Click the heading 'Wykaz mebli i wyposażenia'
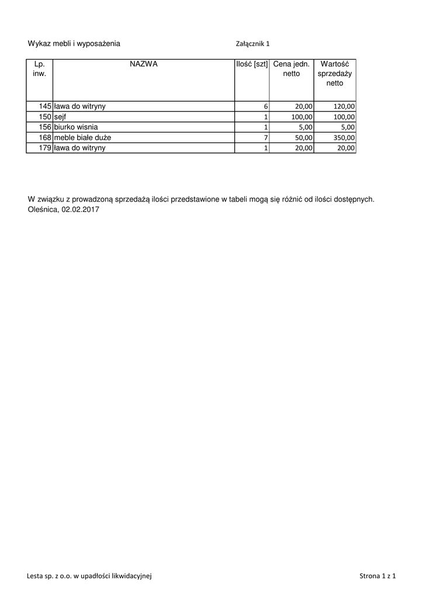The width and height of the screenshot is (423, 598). [74, 43]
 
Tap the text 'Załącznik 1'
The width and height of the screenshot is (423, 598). [252, 43]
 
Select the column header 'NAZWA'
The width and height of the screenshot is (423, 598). [144, 64]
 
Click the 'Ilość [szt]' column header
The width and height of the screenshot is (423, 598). [252, 64]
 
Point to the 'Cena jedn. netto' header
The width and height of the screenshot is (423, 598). [291, 69]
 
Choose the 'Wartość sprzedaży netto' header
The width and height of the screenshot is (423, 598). [335, 74]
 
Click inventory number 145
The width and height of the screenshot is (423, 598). [45, 106]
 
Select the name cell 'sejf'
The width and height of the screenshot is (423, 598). [60, 117]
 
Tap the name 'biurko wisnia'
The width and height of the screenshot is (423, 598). [76, 127]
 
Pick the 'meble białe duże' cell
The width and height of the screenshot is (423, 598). [82, 137]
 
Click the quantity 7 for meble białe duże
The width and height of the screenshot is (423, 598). [265, 138]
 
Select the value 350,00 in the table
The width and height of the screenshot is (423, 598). [344, 138]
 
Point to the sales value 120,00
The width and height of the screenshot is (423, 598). [344, 107]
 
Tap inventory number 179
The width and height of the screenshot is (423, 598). [45, 148]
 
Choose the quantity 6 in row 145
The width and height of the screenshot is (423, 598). [265, 107]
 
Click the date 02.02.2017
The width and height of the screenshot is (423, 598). [80, 210]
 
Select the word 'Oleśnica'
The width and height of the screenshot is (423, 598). [43, 210]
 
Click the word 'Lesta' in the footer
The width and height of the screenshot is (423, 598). [35, 576]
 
